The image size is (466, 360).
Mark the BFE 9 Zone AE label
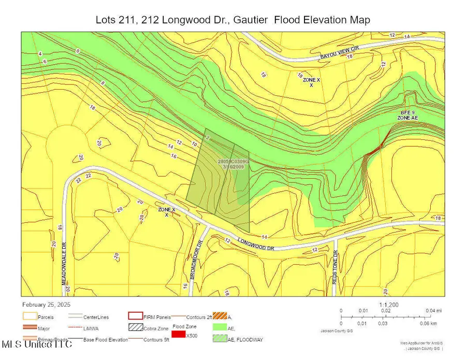tap(407, 116)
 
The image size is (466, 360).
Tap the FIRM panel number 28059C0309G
tap(234, 162)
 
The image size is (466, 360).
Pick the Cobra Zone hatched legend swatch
tap(136, 328)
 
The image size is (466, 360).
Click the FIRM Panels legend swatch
tap(136, 315)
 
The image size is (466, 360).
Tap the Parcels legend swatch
tap(29, 315)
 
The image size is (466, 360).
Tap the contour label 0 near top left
tap(78, 51)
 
